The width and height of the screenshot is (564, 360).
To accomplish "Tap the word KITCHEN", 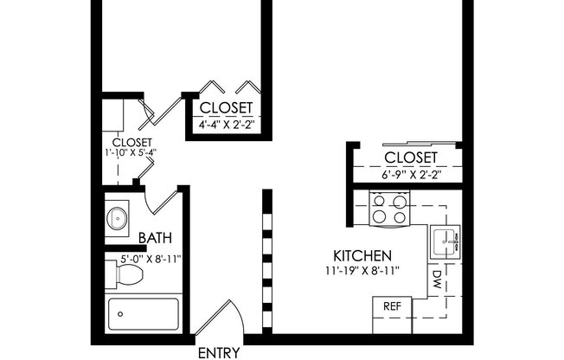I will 363,256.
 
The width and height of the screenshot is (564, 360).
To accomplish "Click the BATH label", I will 154,238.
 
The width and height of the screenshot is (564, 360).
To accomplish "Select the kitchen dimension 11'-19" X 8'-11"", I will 363,272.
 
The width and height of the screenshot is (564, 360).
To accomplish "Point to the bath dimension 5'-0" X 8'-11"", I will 143,257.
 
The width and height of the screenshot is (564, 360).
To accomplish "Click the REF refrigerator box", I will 391,305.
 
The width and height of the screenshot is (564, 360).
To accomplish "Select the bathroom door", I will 162,205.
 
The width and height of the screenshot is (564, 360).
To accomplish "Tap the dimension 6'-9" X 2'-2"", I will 410,174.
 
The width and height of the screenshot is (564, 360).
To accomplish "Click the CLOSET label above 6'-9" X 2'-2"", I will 410,157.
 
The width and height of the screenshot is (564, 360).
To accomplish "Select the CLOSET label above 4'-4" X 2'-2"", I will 226,107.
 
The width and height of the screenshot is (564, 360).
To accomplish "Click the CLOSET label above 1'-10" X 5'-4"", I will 132,142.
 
